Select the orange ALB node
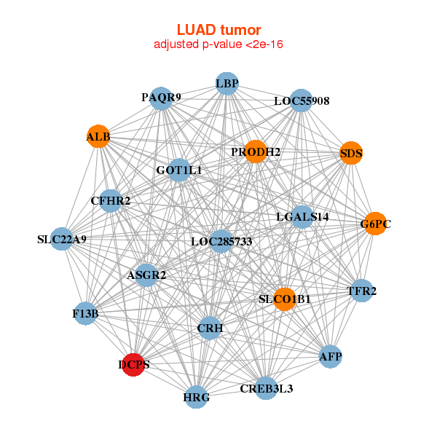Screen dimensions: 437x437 98,137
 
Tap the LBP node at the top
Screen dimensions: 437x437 227,84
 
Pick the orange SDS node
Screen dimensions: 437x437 351,153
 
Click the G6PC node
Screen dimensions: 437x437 375,224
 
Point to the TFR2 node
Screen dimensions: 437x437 362,291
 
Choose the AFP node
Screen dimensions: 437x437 330,357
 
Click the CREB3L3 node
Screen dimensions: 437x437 266,388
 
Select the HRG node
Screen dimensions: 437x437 196,398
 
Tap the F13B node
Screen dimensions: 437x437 85,314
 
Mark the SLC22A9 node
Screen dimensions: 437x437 62,239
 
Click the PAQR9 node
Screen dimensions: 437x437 161,97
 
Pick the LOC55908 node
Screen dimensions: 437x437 302,101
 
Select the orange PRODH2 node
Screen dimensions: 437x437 256,151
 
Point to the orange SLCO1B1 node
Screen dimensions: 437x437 285,299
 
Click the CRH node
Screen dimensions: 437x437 210,328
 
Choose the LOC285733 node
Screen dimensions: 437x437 221,241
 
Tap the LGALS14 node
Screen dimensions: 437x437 303,217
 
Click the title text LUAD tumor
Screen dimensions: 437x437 219,30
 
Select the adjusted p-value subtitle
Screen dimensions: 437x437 219,44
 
